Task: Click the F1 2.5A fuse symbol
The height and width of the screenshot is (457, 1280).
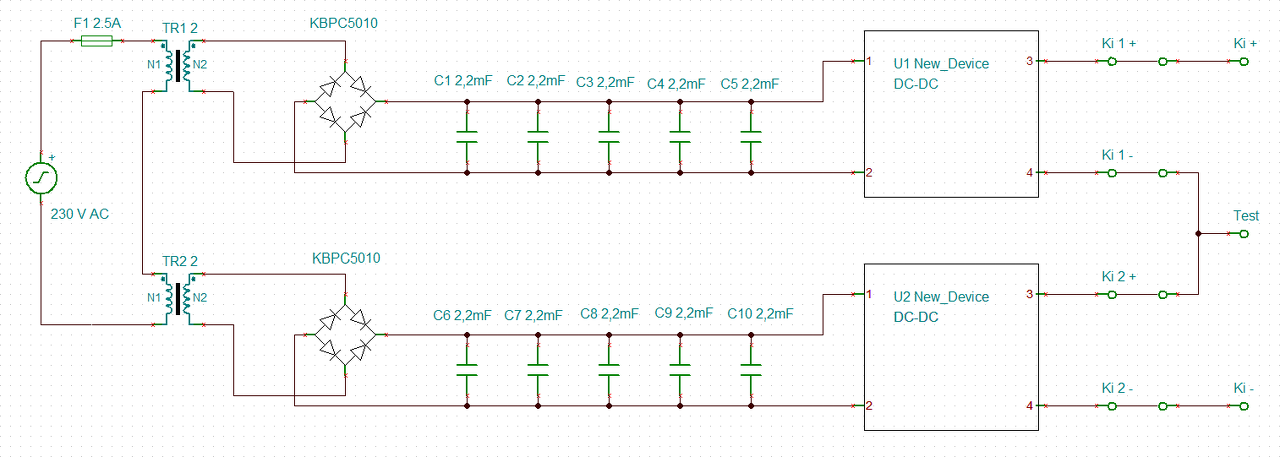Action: (97, 41)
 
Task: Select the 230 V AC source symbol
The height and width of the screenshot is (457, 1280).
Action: (41, 178)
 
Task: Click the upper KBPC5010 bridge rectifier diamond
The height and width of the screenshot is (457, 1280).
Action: (345, 102)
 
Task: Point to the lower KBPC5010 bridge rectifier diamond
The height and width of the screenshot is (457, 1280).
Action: (345, 335)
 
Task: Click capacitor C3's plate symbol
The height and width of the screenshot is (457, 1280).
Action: (609, 137)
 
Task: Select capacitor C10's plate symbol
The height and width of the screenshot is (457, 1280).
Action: (751, 370)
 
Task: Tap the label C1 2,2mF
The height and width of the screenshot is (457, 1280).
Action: (463, 81)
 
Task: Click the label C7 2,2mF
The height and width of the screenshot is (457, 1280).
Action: (533, 315)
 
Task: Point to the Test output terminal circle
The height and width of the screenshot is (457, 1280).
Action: (1244, 234)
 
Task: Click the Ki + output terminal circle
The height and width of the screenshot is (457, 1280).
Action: (1244, 62)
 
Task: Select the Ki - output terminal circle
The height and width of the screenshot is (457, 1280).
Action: (1244, 406)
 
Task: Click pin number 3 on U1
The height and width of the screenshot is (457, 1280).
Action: (1029, 61)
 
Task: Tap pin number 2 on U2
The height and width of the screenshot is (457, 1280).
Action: (869, 406)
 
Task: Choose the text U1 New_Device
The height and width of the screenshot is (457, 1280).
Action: (941, 64)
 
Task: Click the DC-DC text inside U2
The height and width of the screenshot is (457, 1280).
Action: (916, 317)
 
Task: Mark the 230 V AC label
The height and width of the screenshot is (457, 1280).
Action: (79, 214)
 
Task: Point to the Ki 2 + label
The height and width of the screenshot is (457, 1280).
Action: (1119, 276)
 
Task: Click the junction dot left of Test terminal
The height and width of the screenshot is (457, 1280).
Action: (1198, 234)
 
